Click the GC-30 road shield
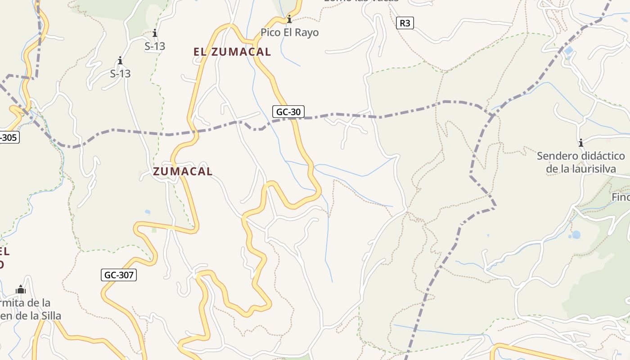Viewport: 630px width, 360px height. [288, 112]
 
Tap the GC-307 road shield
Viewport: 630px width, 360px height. [119, 274]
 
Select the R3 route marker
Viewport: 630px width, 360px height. [405, 23]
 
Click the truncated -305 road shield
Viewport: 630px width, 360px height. [9, 137]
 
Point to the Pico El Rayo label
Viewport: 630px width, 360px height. [289, 32]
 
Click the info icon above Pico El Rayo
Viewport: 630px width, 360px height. [289, 19]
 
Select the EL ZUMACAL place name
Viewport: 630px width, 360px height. [232, 52]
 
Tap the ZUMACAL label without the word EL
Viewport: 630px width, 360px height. [183, 171]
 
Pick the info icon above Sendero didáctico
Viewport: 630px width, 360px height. [581, 143]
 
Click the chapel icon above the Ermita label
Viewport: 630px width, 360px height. [21, 289]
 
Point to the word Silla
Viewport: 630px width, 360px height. [49, 315]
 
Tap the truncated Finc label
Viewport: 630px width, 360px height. [621, 197]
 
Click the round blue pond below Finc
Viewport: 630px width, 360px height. [576, 234]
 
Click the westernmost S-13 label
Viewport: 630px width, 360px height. [120, 73]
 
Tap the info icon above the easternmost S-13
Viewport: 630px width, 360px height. [155, 33]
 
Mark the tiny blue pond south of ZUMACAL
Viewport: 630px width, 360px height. [148, 211]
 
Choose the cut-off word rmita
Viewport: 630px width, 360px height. [25, 302]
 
